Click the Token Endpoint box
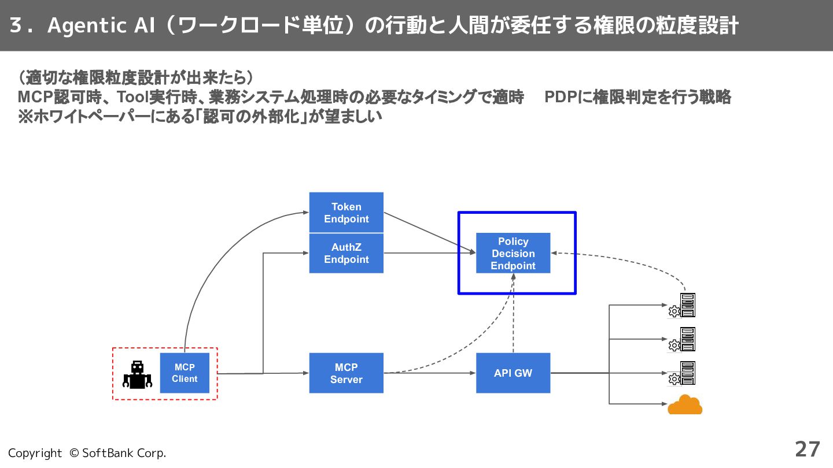pos(346,213)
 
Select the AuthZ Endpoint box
pos(346,253)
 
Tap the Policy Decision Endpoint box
pos(513,253)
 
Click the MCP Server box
pos(346,373)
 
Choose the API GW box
pos(513,373)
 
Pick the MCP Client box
pos(185,373)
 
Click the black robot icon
pos(137,375)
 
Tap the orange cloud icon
pos(685,404)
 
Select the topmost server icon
pos(682,305)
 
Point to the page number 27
pos(808,450)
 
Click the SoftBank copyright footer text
pos(87,453)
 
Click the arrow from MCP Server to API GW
pos(430,373)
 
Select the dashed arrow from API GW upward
pos(513,313)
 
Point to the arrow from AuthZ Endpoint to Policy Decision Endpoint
pos(430,253)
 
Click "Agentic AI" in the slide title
pos(101,26)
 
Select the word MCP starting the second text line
pos(35,97)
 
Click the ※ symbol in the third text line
pos(25,117)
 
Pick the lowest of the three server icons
pos(682,373)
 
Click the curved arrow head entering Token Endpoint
pos(305,213)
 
